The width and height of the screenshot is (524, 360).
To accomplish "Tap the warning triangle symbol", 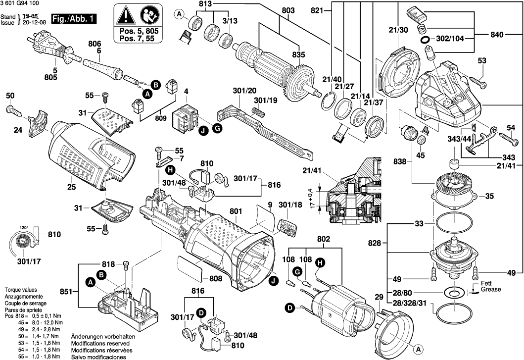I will click(126, 15).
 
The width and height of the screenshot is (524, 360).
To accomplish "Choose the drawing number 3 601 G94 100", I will click(21, 4).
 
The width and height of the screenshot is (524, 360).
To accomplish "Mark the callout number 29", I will click(379, 297).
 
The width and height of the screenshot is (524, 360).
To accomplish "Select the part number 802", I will click(324, 240).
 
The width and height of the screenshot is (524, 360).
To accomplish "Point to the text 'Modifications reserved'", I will click(100, 343).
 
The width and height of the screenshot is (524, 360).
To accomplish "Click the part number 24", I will click(18, 131).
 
